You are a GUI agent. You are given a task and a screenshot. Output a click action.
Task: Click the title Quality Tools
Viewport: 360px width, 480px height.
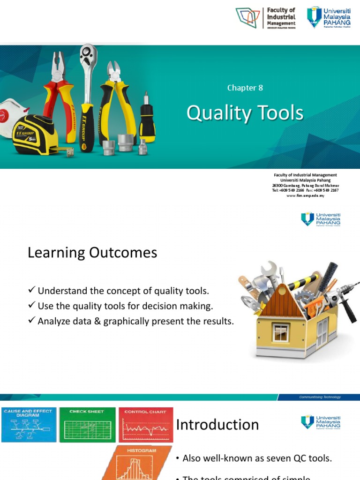click(x=245, y=113)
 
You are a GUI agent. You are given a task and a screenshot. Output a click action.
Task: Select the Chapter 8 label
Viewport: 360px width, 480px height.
click(x=242, y=88)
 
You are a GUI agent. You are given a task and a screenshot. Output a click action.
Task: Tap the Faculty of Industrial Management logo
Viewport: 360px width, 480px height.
click(x=266, y=18)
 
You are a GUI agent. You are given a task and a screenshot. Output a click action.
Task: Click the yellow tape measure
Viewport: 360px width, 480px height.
click(x=35, y=135)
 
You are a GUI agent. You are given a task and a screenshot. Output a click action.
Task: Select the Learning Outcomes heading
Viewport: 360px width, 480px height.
click(x=92, y=253)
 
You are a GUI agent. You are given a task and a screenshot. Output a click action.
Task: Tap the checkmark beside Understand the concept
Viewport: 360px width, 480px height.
click(x=32, y=291)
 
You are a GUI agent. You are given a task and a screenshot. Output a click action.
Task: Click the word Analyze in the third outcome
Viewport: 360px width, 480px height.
click(x=53, y=321)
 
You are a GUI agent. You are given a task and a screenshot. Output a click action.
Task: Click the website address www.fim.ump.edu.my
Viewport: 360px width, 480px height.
click(x=305, y=195)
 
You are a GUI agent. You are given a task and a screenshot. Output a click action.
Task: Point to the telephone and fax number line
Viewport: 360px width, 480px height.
click(x=305, y=190)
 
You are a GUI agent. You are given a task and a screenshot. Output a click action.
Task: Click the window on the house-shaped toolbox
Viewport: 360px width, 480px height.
click(x=280, y=333)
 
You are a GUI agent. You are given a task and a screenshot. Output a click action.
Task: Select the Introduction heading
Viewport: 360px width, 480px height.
click(x=217, y=424)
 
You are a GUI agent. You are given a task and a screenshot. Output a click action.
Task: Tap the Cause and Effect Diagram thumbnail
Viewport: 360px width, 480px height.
click(x=29, y=425)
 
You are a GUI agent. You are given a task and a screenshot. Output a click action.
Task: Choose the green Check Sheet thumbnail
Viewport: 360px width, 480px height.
click(x=87, y=425)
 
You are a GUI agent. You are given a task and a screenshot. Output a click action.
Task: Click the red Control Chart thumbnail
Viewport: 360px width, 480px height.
click(x=145, y=425)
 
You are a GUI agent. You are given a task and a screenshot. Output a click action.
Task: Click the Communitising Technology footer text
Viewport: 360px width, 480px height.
click(x=320, y=397)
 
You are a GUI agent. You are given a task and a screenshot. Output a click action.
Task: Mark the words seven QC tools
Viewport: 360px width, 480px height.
click(x=304, y=458)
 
